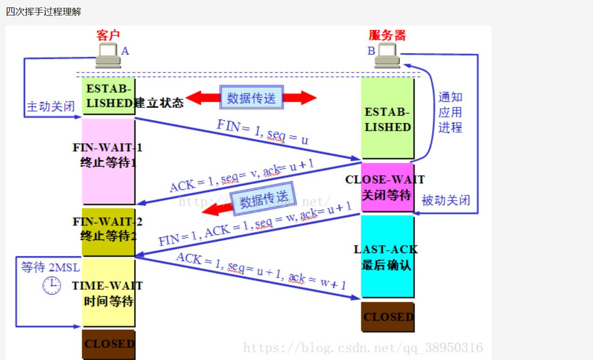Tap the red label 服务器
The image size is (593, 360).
(x=387, y=35)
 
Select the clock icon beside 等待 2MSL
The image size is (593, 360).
(x=52, y=285)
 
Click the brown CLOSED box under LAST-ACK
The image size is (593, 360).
(x=387, y=317)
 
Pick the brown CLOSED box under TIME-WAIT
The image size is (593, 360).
(x=108, y=344)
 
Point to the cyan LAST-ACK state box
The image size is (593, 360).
(x=387, y=256)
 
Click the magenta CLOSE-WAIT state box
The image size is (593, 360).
(x=387, y=187)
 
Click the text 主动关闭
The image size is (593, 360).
(x=51, y=107)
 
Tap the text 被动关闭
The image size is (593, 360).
(x=446, y=200)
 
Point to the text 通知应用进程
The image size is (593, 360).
(x=450, y=112)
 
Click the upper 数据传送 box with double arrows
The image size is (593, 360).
(x=251, y=98)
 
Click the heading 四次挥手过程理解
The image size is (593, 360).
(x=44, y=12)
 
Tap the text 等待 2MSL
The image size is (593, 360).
(x=50, y=267)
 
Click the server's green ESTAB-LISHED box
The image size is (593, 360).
(x=387, y=119)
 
